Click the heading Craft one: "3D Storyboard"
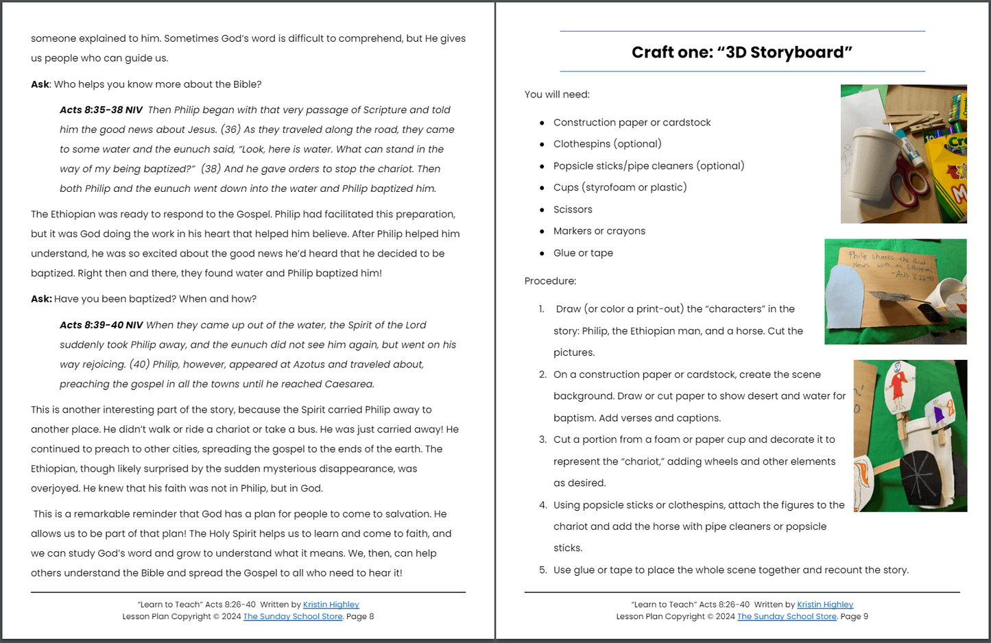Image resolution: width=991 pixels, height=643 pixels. click(741, 53)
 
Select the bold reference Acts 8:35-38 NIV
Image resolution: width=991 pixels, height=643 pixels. click(101, 110)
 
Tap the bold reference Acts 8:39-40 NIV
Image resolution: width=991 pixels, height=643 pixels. click(101, 325)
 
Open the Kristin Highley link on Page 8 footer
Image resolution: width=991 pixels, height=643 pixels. click(331, 605)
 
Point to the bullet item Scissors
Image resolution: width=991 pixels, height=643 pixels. click(573, 210)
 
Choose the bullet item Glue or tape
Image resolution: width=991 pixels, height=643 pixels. click(583, 253)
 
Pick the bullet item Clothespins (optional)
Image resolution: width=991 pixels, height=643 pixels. click(607, 144)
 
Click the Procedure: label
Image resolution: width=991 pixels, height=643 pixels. click(550, 281)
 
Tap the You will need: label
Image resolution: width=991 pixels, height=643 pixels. click(557, 95)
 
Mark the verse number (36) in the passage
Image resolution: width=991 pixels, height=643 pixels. click(230, 130)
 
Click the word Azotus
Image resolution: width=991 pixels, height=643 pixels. click(352, 365)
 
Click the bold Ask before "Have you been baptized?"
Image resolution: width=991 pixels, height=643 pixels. click(40, 299)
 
